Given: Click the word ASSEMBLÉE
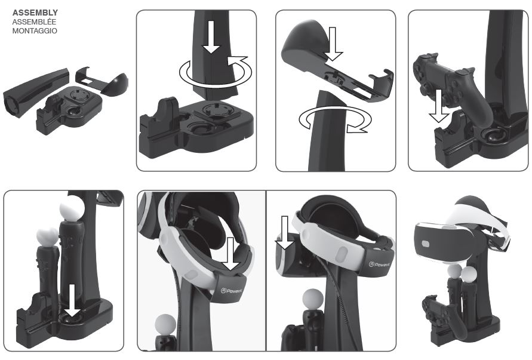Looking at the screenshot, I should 33,21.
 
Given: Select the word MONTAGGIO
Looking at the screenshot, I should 35,30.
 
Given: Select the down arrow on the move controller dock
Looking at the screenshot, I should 71,299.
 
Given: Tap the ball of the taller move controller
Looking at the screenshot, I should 70,210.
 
